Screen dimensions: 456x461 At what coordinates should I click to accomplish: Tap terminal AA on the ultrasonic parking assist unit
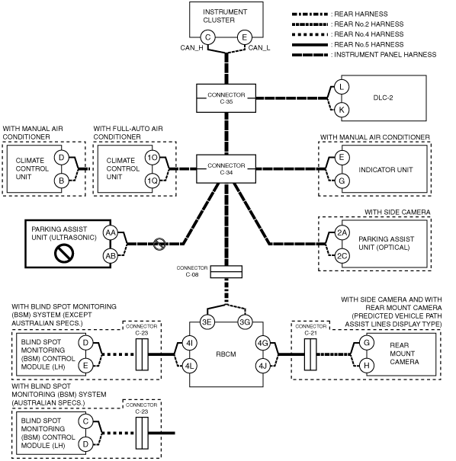(x=111, y=233)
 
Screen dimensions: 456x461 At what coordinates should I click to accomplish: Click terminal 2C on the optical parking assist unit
(x=342, y=256)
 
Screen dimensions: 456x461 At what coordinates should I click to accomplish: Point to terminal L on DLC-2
(x=342, y=87)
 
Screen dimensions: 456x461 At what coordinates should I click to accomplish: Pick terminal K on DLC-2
(x=342, y=110)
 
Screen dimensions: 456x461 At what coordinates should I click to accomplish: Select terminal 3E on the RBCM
(x=207, y=322)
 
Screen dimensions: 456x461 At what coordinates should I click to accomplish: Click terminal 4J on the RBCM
(x=263, y=366)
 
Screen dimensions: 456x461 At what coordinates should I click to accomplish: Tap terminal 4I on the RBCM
(x=189, y=343)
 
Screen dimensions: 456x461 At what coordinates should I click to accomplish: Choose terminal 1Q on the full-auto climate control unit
(x=153, y=181)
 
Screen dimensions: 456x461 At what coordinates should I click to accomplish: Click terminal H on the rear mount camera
(x=367, y=366)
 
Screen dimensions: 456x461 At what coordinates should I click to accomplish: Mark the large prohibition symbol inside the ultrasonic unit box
(x=64, y=254)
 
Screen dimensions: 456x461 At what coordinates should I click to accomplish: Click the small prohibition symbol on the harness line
(x=159, y=244)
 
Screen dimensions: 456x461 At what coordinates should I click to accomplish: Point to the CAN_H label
(x=191, y=48)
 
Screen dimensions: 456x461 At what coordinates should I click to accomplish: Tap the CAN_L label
(x=259, y=48)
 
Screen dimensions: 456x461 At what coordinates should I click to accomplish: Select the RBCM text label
(x=226, y=354)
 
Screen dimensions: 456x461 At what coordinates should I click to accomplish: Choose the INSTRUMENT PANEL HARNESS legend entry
(x=364, y=55)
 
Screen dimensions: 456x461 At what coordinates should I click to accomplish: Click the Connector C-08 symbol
(x=226, y=272)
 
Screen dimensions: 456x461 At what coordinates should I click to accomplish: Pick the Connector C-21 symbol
(x=310, y=354)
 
